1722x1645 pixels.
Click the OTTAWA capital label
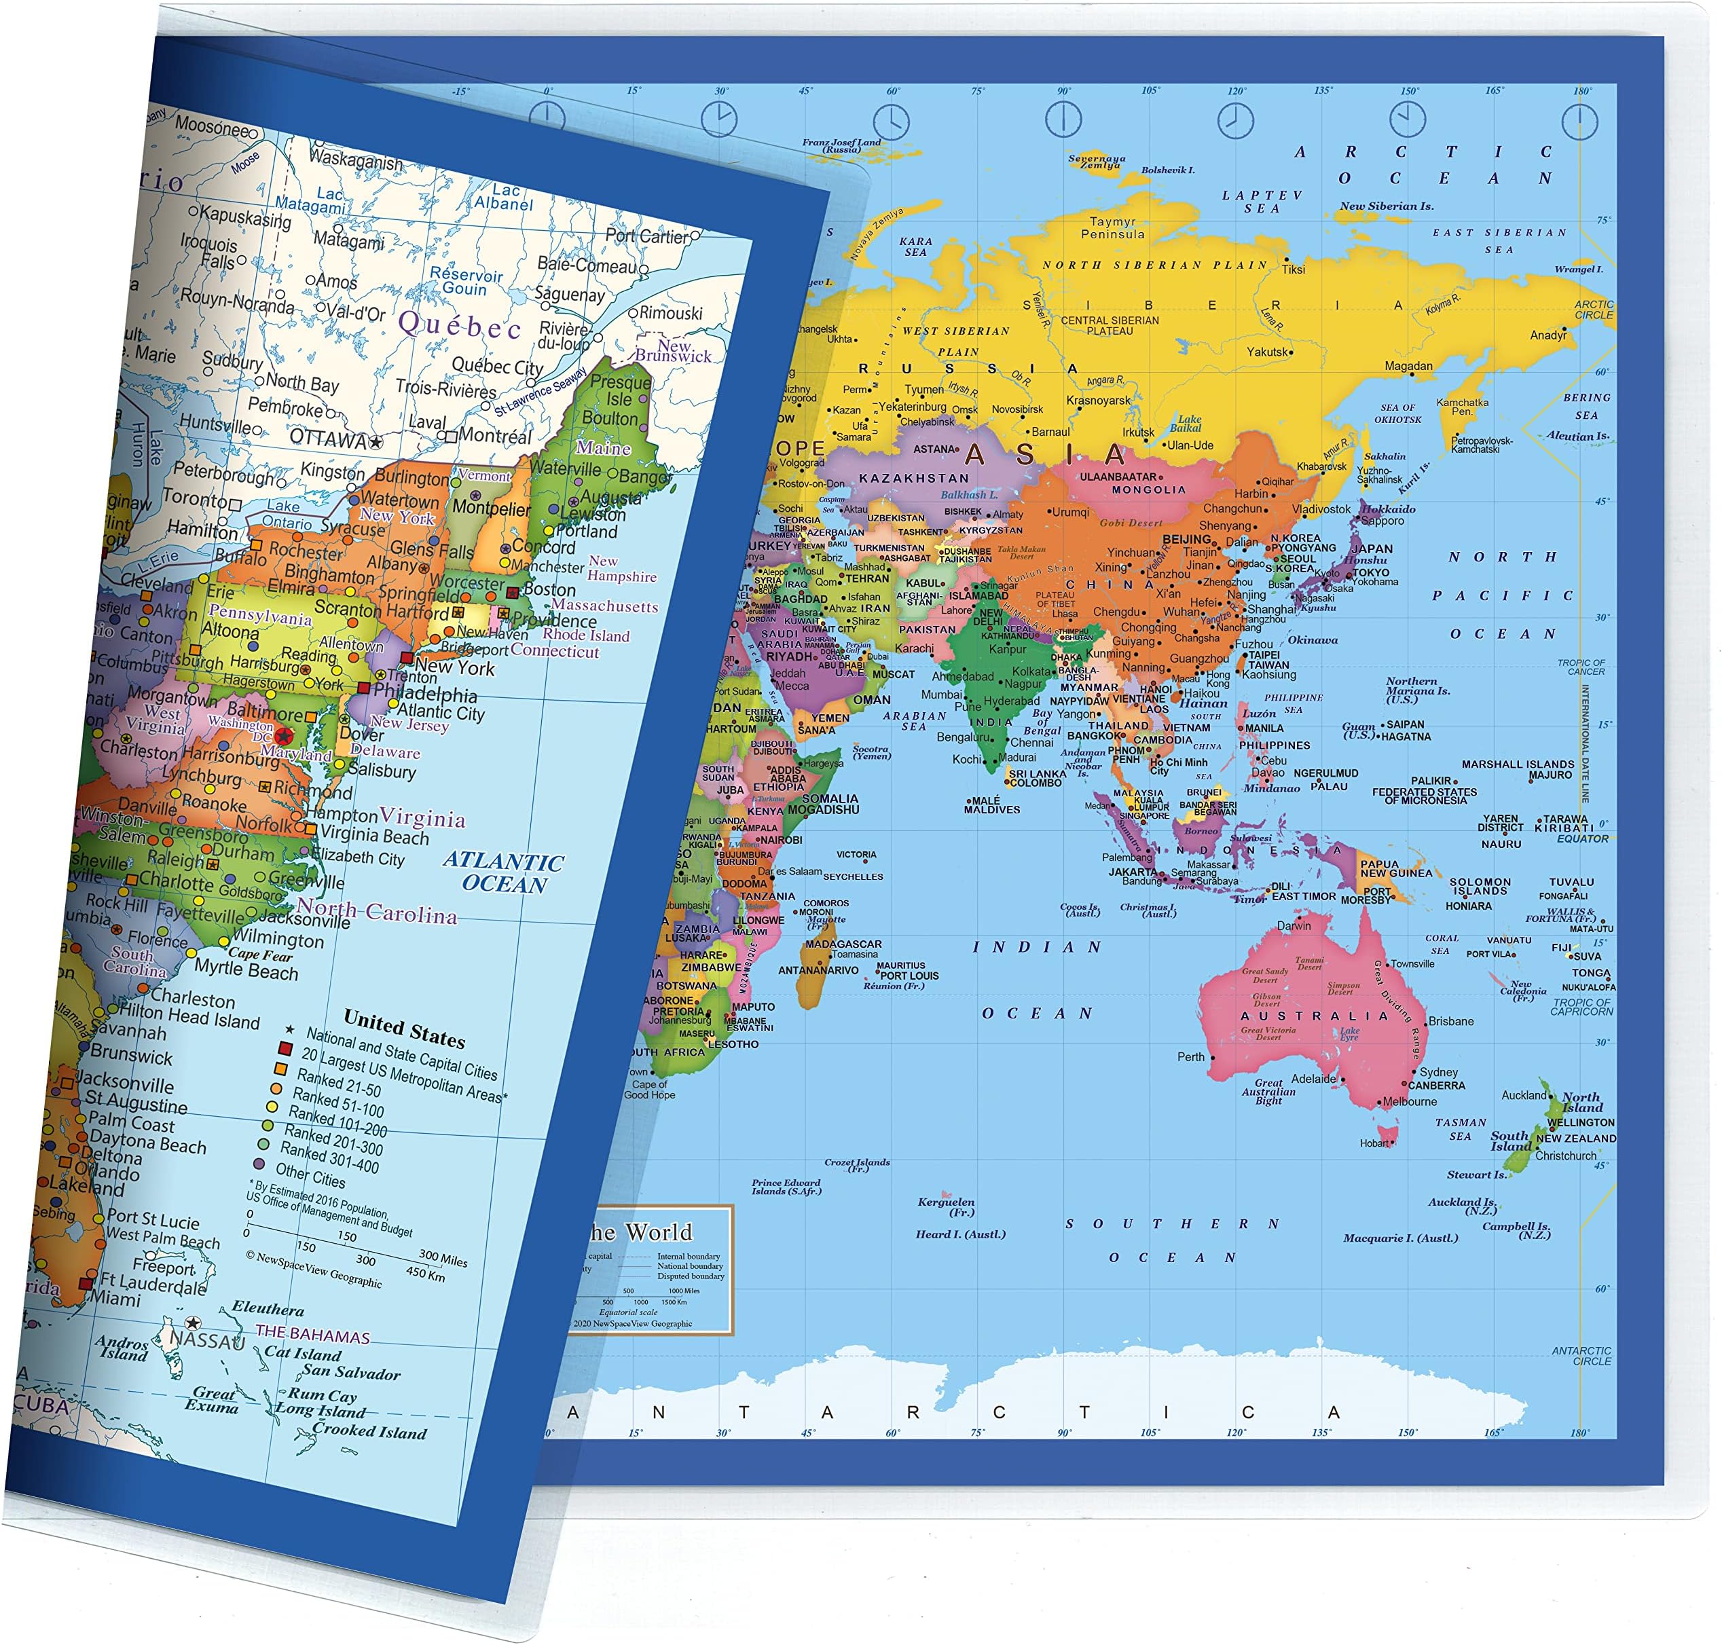[x=328, y=439]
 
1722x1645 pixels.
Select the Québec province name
[x=460, y=325]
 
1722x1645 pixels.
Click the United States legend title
[x=404, y=1029]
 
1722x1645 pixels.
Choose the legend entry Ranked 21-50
[x=338, y=1083]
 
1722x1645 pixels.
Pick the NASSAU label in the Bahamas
[x=207, y=1341]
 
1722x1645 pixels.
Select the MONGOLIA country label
[x=1149, y=490]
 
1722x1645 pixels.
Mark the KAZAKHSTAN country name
[x=913, y=478]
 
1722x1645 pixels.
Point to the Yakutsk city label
[x=1268, y=352]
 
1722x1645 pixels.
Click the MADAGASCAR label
[x=843, y=944]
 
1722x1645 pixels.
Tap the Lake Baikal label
[x=1189, y=424]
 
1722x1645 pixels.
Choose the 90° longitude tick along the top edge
[x=1063, y=91]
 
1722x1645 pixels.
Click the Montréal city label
[x=496, y=436]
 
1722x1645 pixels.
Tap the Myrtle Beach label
[x=246, y=969]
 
